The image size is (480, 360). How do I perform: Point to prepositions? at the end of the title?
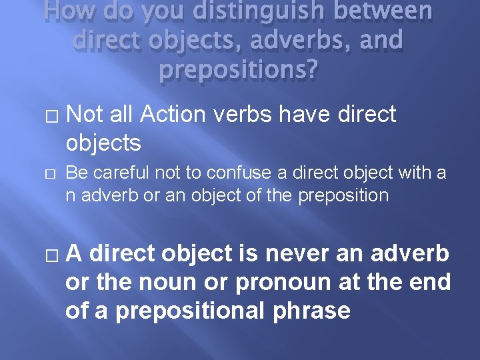coord(240,69)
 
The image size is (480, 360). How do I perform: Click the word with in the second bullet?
coord(413,174)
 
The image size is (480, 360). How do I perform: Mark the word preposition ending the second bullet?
coord(339,195)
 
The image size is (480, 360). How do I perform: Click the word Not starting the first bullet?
coord(84,115)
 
